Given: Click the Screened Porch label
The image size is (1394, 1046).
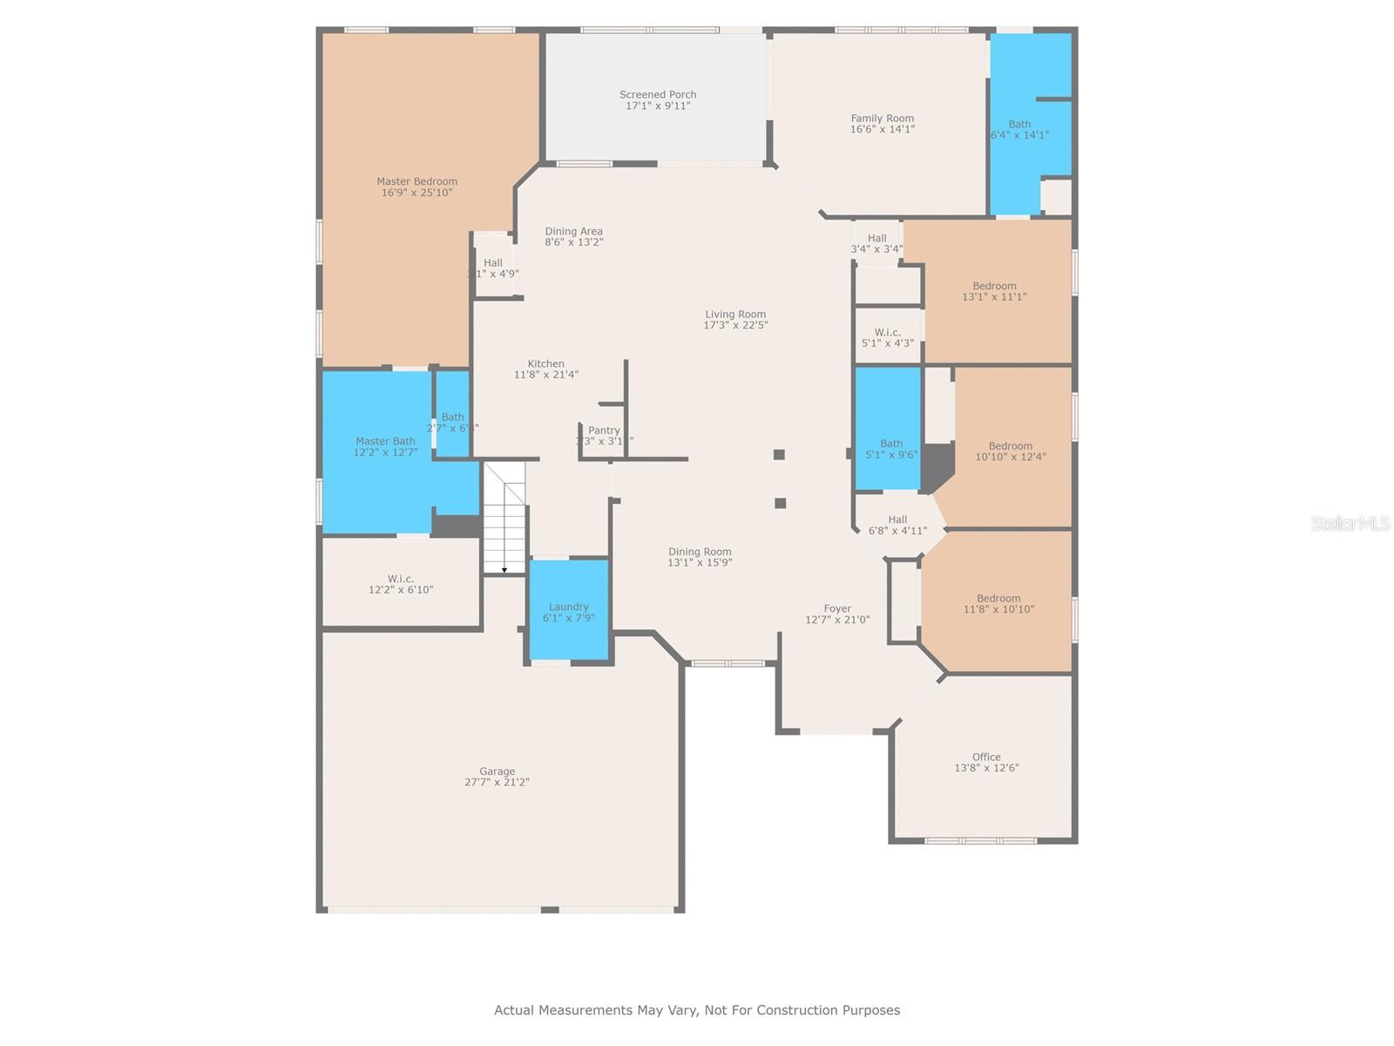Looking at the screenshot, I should pos(658,95).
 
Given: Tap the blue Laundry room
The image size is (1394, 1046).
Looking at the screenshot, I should pos(569,611).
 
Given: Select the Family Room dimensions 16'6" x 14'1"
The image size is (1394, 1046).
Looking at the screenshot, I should pos(882,129).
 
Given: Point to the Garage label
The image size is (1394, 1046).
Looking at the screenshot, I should pos(497,771).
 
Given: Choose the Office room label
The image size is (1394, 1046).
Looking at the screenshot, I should pos(986,757).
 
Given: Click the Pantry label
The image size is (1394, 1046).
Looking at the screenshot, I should pos(604,431).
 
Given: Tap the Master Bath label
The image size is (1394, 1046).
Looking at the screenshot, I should pos(385,442).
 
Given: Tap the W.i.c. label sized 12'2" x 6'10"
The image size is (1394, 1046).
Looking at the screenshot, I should pos(401,579).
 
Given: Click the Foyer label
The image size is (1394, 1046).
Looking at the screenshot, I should pos(837,609).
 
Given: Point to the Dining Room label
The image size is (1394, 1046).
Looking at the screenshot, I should pos(700,552).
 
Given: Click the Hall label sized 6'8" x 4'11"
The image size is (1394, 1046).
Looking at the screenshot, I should pos(897,520).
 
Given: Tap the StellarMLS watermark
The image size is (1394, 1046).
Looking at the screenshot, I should pos(1350,523).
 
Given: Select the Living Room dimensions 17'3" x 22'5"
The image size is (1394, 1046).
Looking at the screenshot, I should pos(735,325).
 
